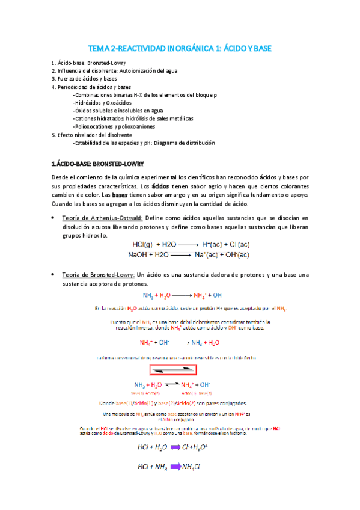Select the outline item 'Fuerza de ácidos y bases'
[x=87, y=79]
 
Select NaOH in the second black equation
[x=138, y=254]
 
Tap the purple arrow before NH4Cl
[x=177, y=465]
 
